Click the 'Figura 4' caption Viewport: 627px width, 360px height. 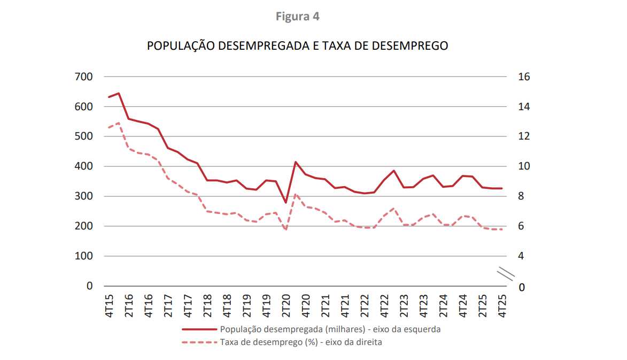click(297, 17)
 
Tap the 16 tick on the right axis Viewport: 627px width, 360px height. click(524, 77)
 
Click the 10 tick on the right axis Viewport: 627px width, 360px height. click(524, 166)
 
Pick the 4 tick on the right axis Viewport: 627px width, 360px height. click(521, 256)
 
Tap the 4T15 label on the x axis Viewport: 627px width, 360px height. click(109, 305)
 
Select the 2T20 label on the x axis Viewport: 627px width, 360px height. click(286, 305)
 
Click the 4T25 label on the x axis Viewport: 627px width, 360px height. click(502, 305)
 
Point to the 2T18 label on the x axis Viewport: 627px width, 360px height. click(207, 305)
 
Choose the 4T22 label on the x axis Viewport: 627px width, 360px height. click(384, 305)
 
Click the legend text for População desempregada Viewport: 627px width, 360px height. click(330, 330)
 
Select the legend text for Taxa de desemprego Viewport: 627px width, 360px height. click(300, 342)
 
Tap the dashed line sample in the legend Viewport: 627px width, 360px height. click(199, 342)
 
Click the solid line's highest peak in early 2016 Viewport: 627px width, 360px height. click(119, 93)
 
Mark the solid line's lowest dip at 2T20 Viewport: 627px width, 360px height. click(286, 203)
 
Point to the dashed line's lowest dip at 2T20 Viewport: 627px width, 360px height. click(286, 230)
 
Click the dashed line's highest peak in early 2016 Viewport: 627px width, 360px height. click(119, 123)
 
